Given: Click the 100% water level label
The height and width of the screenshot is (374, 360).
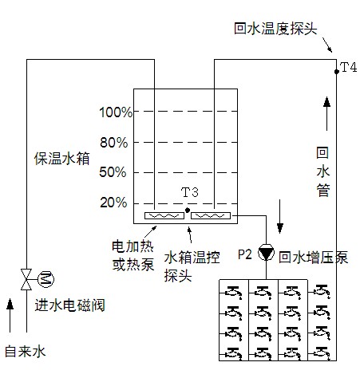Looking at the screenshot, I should [116, 112].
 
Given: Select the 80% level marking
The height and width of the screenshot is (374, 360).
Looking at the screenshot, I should [115, 143].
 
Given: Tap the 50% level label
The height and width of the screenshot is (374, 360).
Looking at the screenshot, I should [115, 172].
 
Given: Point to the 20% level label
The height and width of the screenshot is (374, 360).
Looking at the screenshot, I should [115, 203].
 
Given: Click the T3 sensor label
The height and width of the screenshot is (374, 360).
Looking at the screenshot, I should [190, 193].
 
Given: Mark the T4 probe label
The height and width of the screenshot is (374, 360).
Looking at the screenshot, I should [348, 68].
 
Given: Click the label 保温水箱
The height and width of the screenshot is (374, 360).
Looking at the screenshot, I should [59, 157].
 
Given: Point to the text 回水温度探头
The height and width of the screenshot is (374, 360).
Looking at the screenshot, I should [275, 28].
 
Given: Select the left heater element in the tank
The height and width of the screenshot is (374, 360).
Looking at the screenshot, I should [164, 216].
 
